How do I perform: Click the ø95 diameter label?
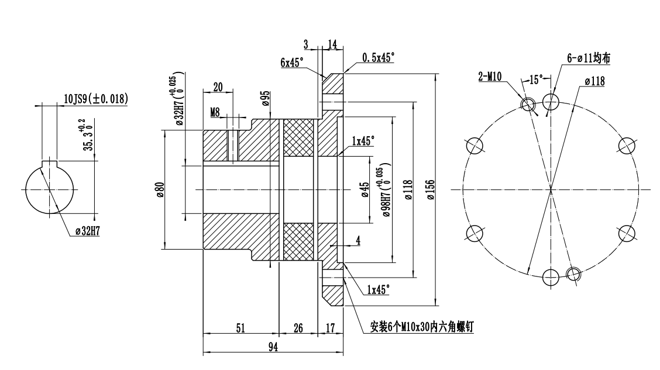coord(266,99)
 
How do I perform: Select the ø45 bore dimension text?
coord(364,190)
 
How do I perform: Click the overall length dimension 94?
coord(273,347)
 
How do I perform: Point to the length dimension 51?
coord(240,328)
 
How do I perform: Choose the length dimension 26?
coord(298,328)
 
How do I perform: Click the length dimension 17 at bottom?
coord(331,328)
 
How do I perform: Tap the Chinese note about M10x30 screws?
coord(422,327)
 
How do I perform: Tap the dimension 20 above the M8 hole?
coord(218,87)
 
